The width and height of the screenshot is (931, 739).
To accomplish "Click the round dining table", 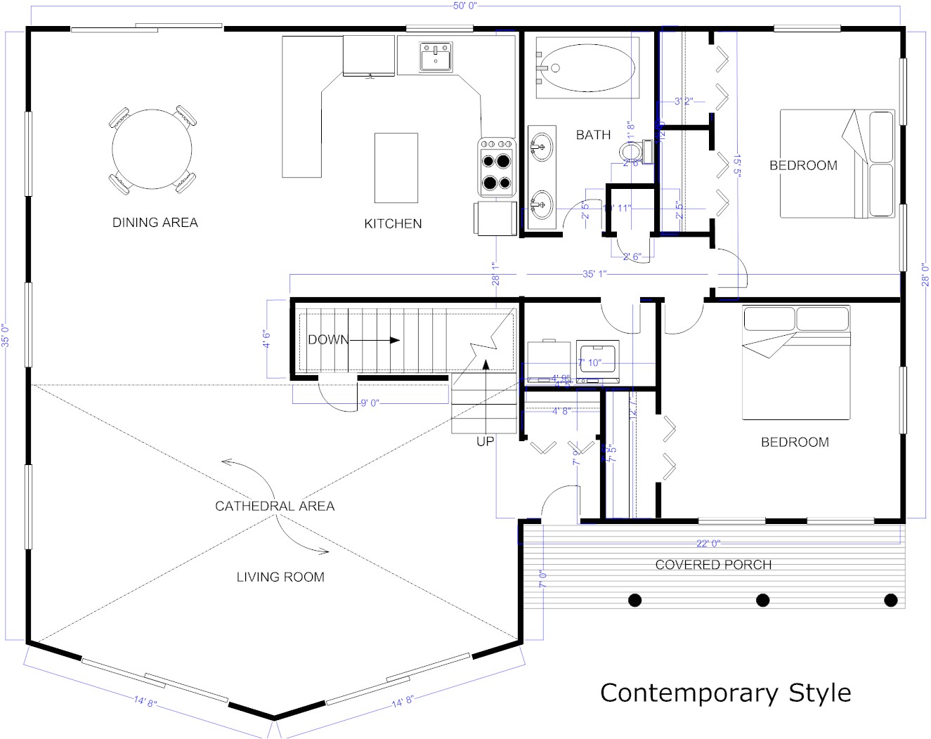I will point(152,149).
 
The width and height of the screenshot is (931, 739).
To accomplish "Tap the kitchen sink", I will point(436,57).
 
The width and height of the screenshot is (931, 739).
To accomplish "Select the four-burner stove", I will point(497,167).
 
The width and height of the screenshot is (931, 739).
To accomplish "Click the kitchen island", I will point(396,168).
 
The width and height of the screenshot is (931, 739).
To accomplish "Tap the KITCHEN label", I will point(393,223).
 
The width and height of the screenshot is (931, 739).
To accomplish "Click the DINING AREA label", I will point(155,222).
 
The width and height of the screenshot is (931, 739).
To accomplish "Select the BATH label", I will point(593,135).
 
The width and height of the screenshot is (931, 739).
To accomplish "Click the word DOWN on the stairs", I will point(327,340).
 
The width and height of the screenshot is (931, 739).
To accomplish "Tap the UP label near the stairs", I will point(486,442).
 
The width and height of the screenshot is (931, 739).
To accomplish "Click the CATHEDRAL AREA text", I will point(275,506).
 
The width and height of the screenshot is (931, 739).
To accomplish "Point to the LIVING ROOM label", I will point(280,577).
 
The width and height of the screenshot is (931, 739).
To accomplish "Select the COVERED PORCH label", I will point(713,565).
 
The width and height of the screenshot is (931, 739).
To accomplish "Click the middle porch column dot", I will point(762,600).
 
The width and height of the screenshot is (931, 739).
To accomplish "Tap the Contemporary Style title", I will point(725,693).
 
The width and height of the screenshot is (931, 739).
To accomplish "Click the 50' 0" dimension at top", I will point(465,6).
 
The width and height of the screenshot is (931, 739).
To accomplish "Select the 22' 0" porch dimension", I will point(708,543).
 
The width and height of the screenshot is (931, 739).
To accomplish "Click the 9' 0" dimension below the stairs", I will point(370,403).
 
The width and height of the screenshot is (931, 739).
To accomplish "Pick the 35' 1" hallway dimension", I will point(594,274).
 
